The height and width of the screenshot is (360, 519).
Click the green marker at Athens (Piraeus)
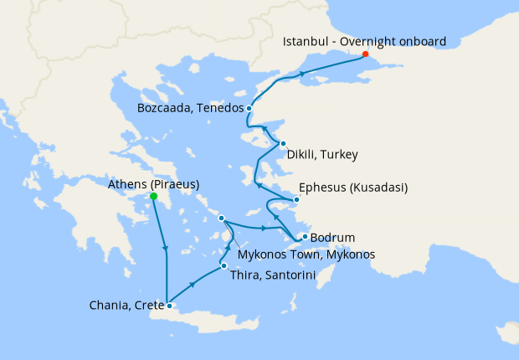pyautogui.click(x=153, y=197)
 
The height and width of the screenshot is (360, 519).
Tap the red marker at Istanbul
pyautogui.click(x=365, y=55)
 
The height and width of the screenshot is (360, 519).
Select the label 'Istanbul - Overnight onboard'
pyautogui.click(x=364, y=41)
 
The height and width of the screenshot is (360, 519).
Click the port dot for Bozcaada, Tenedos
pyautogui.click(x=249, y=108)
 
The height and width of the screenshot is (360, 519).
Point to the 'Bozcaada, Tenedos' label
pyautogui.click(x=190, y=108)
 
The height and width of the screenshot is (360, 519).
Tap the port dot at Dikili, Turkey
pyautogui.click(x=283, y=144)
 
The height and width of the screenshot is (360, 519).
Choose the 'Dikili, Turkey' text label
pyautogui.click(x=322, y=155)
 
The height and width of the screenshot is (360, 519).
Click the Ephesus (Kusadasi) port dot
pyautogui.click(x=295, y=199)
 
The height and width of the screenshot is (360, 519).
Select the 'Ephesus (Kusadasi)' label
pyautogui.click(x=353, y=188)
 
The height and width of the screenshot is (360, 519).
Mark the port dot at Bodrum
pyautogui.click(x=304, y=237)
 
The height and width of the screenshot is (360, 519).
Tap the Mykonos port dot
pyautogui.click(x=222, y=219)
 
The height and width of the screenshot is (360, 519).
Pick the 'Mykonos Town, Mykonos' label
pyautogui.click(x=306, y=254)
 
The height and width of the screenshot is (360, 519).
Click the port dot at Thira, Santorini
pyautogui.click(x=223, y=265)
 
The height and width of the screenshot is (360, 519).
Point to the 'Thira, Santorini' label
pyautogui.click(x=265, y=274)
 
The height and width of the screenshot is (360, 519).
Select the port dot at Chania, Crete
pyautogui.click(x=169, y=306)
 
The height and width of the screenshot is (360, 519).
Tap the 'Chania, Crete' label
pyautogui.click(x=126, y=305)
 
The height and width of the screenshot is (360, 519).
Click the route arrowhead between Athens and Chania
pyautogui.click(x=166, y=249)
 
